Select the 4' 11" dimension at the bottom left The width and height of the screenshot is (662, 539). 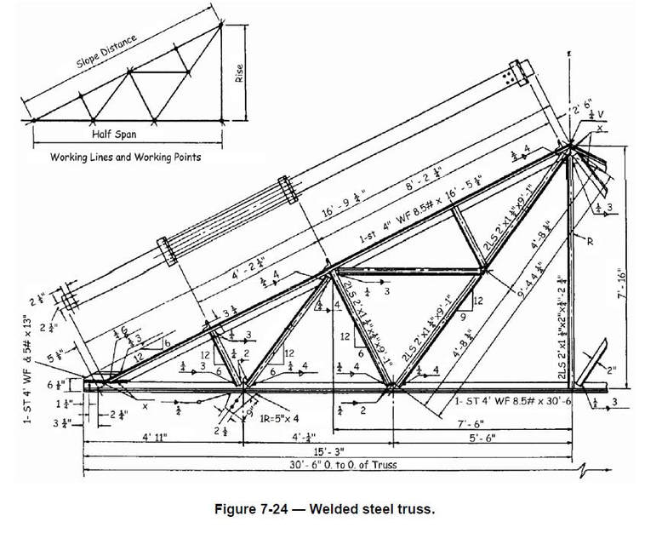pyautogui.click(x=158, y=439)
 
